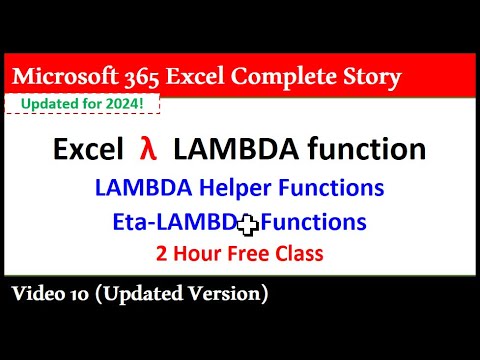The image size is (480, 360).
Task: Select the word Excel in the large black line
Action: click(x=82, y=150)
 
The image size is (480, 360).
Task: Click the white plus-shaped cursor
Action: click(x=242, y=222)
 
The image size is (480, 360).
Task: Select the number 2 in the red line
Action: click(x=161, y=254)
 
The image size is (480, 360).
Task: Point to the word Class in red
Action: click(x=297, y=254)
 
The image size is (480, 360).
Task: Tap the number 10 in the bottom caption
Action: click(x=85, y=294)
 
